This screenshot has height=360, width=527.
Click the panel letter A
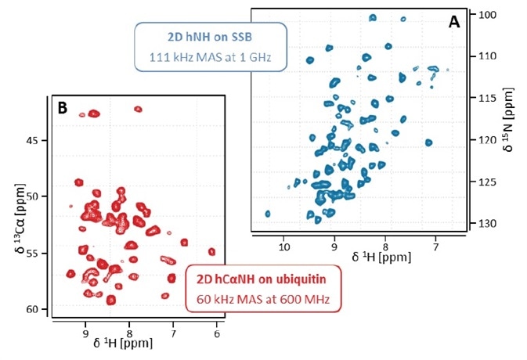coord(453,23)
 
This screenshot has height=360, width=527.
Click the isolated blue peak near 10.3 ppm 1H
coord(268,213)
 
